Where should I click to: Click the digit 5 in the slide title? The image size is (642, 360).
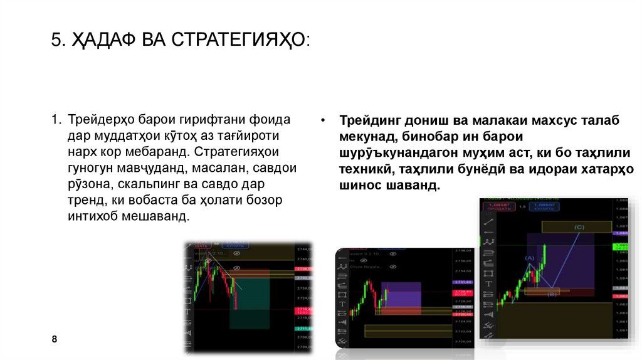coord(56,41)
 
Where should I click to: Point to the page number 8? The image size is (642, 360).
coord(55,339)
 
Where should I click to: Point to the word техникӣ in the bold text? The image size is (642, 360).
coord(365,169)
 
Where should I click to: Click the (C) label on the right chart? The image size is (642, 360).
coord(578,226)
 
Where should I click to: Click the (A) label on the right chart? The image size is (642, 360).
coord(530,258)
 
